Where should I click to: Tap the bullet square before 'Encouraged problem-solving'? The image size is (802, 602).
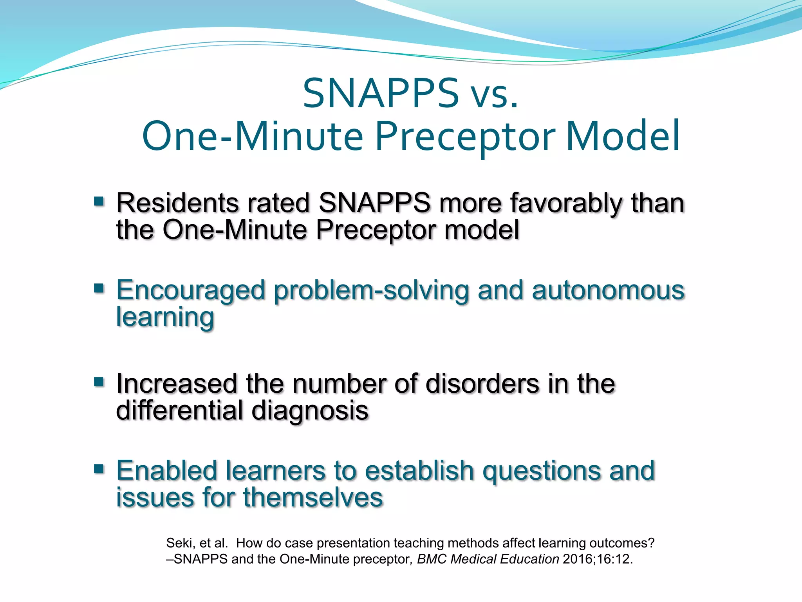click(99, 289)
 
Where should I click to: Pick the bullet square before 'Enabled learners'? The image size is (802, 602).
click(99, 469)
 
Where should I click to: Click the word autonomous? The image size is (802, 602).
click(608, 291)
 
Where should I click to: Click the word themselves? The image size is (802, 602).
click(313, 497)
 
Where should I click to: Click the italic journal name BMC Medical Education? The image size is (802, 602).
click(488, 559)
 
